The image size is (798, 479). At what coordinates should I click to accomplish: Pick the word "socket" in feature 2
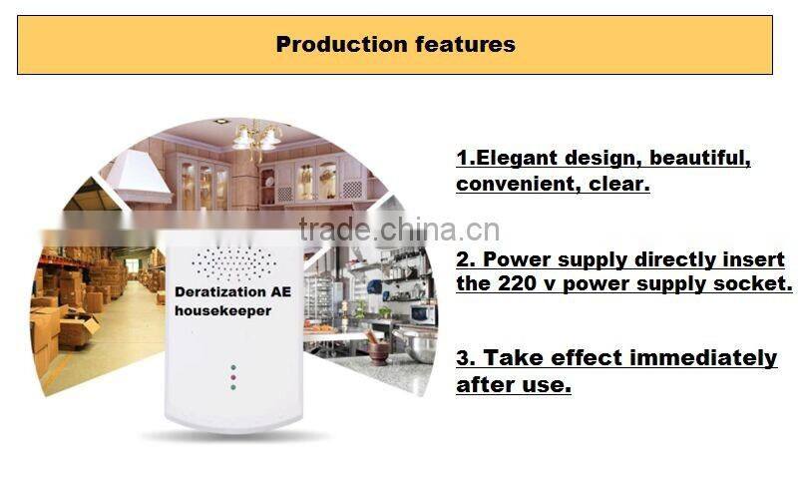tap(752, 282)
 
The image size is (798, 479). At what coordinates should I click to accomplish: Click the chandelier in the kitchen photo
tap(256, 136)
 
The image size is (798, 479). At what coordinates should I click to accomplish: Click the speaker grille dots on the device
tap(232, 263)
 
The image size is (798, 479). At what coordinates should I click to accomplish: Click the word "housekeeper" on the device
tap(222, 311)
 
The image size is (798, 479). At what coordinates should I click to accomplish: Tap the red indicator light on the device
tap(232, 376)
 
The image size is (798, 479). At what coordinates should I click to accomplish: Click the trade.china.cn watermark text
tap(399, 229)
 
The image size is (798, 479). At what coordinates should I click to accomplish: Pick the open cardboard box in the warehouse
tap(77, 328)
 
